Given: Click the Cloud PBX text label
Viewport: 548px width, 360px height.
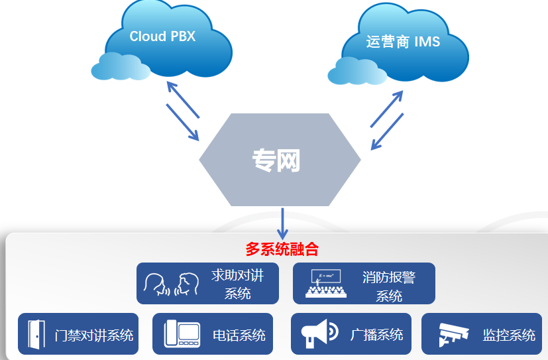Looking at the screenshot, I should [x=162, y=36].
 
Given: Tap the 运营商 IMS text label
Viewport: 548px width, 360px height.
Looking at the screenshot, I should [x=403, y=42].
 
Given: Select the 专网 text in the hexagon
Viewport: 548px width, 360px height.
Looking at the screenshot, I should [x=276, y=160].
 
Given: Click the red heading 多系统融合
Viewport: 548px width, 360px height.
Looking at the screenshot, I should [x=282, y=250].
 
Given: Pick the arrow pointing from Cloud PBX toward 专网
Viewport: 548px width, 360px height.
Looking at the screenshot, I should [x=182, y=121].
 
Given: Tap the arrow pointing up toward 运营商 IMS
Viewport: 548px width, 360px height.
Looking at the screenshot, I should [x=386, y=109].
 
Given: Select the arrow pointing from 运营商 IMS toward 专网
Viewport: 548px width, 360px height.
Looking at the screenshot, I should [x=387, y=131].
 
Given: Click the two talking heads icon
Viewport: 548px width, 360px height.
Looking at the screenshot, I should [x=172, y=284].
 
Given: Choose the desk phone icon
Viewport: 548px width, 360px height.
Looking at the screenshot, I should [x=182, y=334].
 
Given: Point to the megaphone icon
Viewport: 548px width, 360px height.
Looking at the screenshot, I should [x=319, y=333].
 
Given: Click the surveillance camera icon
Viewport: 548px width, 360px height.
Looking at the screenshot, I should [x=453, y=335].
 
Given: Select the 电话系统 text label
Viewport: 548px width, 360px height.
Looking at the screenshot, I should [x=239, y=335].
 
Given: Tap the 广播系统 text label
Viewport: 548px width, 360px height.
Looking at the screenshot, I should [x=376, y=334].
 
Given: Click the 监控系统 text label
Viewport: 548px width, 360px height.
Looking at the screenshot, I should [x=509, y=335].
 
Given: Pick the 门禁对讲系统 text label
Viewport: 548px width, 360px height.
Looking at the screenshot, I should [x=94, y=335].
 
